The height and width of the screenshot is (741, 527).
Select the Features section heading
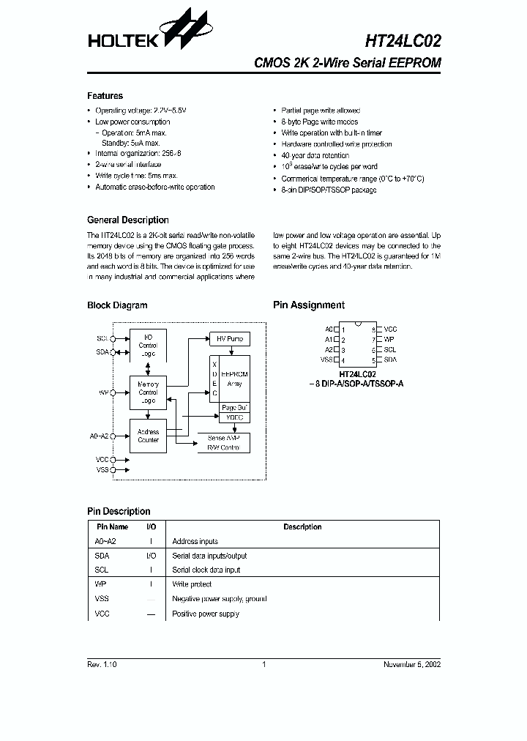(x=105, y=96)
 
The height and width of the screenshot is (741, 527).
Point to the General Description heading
(x=127, y=220)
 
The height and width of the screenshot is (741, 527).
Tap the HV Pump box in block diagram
(x=229, y=339)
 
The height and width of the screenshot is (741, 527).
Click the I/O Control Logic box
(x=148, y=345)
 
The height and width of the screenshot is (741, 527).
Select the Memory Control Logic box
(x=148, y=392)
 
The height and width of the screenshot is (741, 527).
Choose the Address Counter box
(x=148, y=436)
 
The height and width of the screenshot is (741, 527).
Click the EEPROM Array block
(x=234, y=378)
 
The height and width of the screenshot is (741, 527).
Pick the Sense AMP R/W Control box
(x=223, y=442)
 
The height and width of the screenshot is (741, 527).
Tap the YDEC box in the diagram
(x=234, y=417)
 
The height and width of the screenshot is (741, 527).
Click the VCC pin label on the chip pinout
(x=390, y=329)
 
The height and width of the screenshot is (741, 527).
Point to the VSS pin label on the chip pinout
(x=326, y=360)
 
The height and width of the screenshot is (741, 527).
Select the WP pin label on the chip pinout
(x=389, y=340)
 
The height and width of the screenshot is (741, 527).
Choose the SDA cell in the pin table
(x=102, y=556)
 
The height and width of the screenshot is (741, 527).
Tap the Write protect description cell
(x=192, y=584)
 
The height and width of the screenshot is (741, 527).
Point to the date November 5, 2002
(x=412, y=664)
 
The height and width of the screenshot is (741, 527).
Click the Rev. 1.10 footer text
(x=102, y=664)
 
